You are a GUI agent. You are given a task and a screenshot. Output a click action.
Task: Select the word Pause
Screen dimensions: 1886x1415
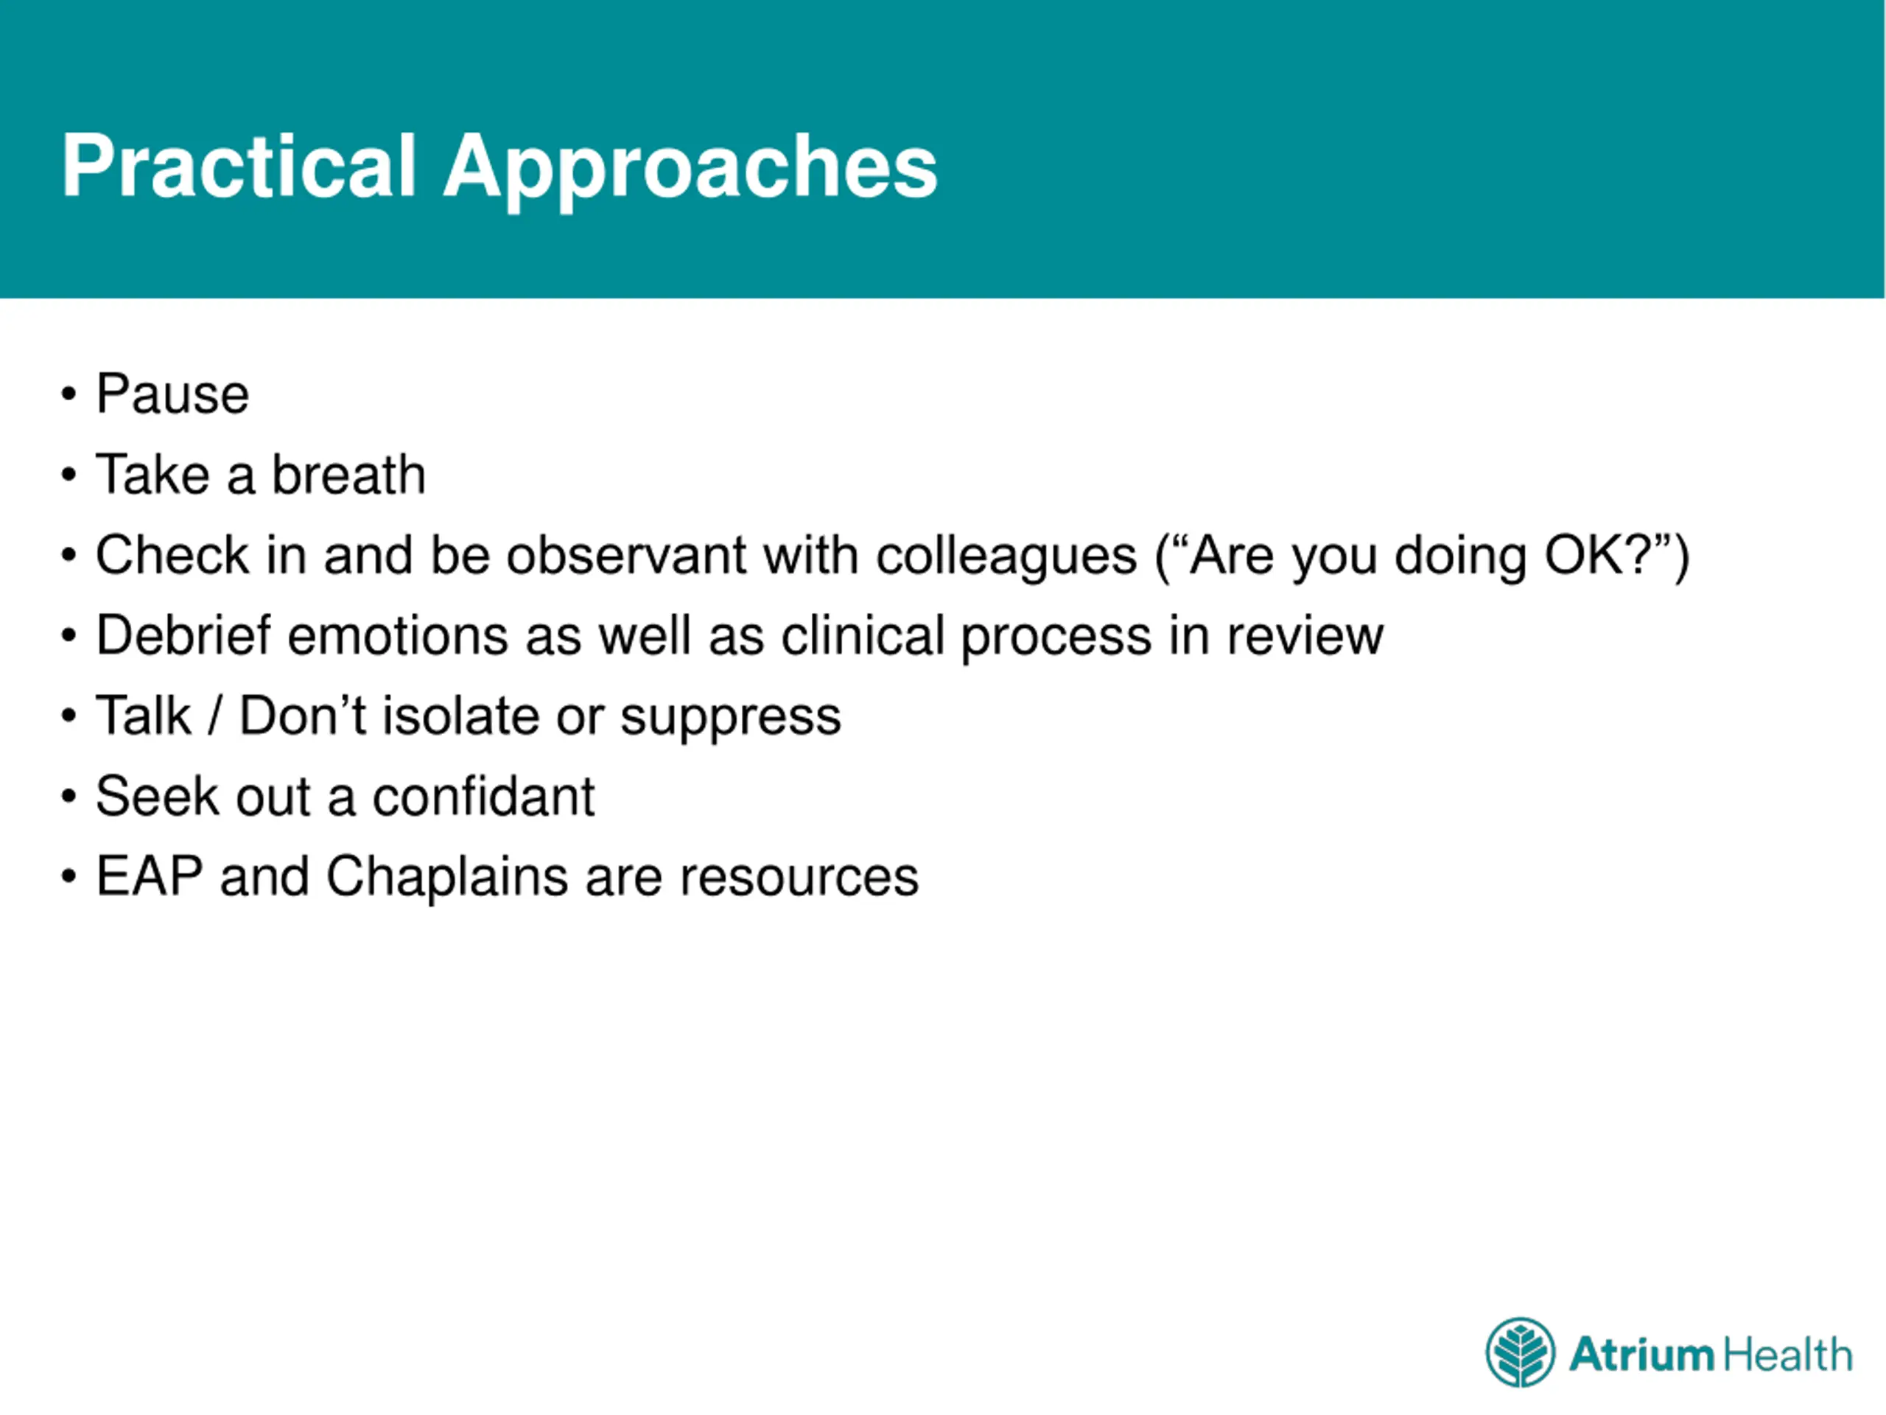pos(172,394)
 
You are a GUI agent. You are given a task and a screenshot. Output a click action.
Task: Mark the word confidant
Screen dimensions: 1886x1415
pos(483,797)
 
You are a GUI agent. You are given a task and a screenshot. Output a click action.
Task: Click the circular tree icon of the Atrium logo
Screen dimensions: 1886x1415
pos(1521,1353)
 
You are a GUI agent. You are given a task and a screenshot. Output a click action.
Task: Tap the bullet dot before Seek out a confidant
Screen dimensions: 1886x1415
pos(69,797)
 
